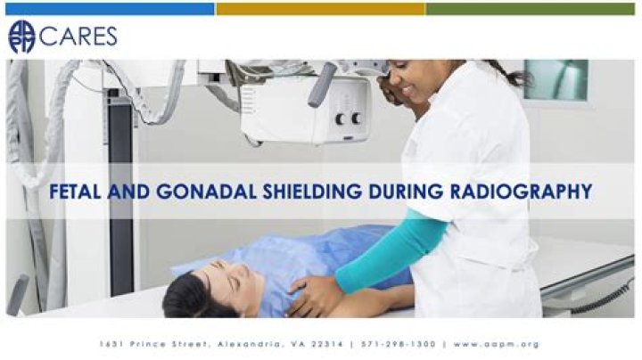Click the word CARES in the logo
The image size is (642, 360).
click(78, 37)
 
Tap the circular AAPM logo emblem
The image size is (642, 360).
click(21, 37)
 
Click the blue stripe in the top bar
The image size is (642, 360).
click(107, 9)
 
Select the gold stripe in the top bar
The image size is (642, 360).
click(320, 9)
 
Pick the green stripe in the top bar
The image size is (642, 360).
click(533, 9)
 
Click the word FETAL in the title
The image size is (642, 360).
click(76, 191)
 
